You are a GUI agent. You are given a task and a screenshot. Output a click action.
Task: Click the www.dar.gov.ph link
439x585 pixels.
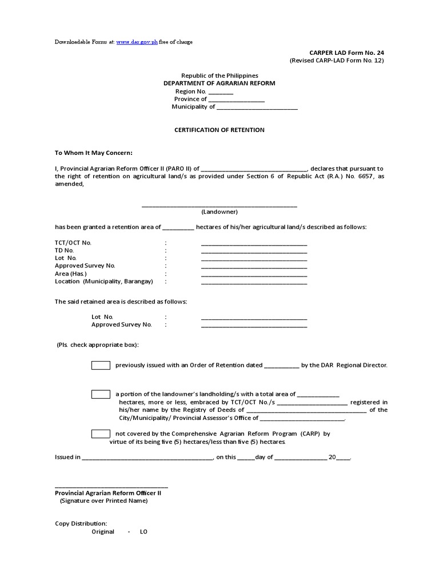[137, 42]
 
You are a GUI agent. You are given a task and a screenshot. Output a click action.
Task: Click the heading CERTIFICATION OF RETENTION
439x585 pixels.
[219, 130]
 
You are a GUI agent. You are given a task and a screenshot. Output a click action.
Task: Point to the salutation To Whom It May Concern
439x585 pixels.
[94, 153]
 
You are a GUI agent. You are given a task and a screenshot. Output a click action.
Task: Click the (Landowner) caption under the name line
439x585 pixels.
[219, 211]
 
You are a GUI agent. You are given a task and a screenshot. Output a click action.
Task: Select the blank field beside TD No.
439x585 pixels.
[254, 251]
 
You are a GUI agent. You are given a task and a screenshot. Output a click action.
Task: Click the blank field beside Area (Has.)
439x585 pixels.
[254, 275]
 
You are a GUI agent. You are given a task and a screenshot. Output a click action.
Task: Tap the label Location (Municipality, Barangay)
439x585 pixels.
[104, 281]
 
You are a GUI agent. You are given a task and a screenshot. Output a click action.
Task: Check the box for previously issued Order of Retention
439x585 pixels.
[101, 365]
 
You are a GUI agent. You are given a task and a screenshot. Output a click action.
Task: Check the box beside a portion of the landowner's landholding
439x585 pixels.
[101, 394]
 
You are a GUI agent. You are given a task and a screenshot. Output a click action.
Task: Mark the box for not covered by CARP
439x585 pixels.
[101, 434]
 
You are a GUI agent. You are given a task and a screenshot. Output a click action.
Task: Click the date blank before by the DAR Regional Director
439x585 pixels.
[282, 366]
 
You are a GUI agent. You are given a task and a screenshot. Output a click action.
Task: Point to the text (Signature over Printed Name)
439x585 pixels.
[104, 501]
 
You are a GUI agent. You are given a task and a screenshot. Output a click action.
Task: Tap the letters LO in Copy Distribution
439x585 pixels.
[143, 532]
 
